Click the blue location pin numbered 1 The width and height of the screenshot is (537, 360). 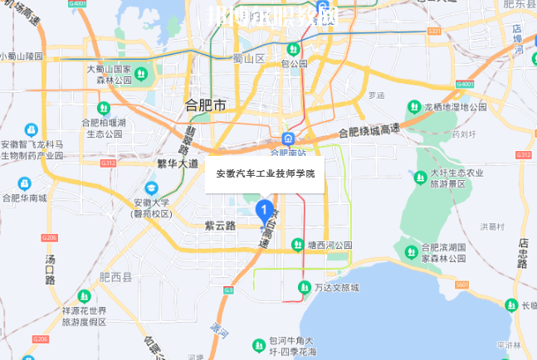(x=264, y=212)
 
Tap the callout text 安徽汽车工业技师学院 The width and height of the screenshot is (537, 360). (x=266, y=174)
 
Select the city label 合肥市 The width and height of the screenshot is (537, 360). (x=205, y=106)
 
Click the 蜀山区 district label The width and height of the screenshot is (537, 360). (x=249, y=58)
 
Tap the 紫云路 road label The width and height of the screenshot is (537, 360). (x=220, y=226)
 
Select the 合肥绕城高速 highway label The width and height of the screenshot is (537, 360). (x=369, y=130)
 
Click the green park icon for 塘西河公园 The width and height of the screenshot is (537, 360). (x=298, y=245)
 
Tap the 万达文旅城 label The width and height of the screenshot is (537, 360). (x=337, y=288)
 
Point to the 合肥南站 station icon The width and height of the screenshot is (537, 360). (x=287, y=138)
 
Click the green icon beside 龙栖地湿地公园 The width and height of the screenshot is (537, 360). (x=414, y=107)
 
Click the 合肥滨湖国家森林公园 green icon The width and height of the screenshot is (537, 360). (x=411, y=251)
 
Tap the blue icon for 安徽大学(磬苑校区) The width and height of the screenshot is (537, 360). (x=151, y=187)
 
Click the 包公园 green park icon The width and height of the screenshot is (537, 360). (x=293, y=48)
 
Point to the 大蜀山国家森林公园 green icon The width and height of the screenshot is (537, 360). (x=142, y=75)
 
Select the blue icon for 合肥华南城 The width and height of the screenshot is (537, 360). (x=24, y=183)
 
